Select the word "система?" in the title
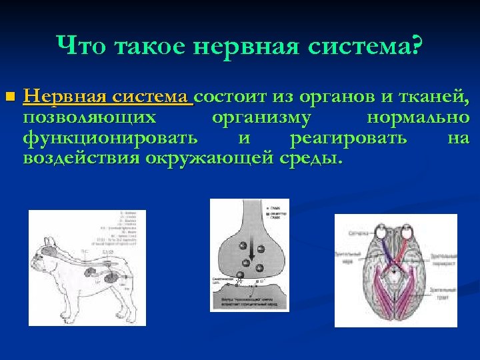coord(372,46)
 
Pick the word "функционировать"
coord(110,138)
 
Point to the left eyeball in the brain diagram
coord(381,231)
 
